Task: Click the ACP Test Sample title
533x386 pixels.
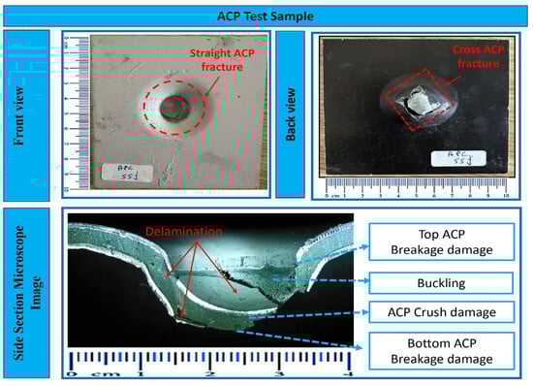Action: [266, 14]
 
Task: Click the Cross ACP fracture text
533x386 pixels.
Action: [471, 57]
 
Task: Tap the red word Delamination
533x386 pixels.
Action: [180, 232]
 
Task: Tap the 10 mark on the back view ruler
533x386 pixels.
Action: [505, 195]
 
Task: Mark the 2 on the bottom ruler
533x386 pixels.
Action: [209, 371]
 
